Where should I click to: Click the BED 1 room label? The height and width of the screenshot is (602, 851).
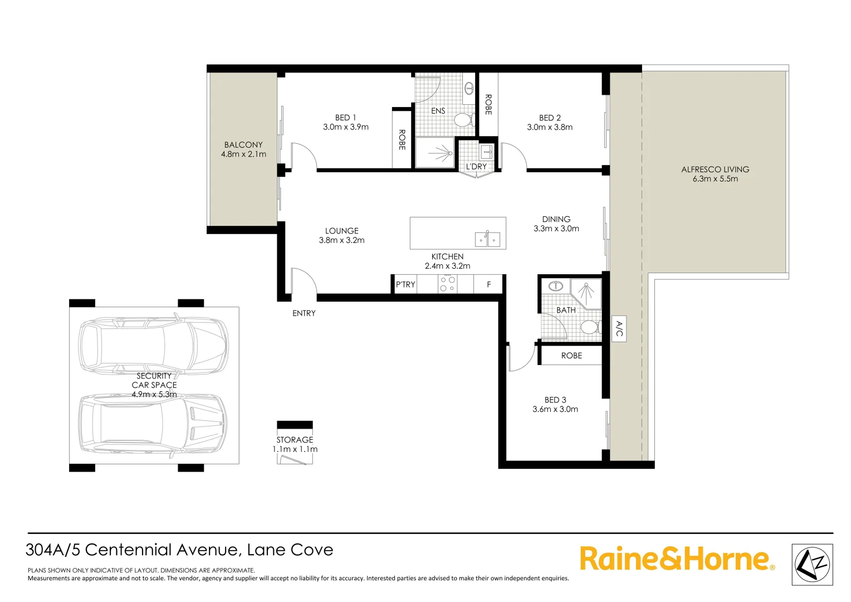(x=345, y=118)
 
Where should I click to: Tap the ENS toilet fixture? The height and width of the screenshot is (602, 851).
(x=463, y=119)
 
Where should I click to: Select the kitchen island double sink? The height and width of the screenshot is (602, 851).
(x=487, y=240)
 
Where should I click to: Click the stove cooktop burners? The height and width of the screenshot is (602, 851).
(x=448, y=284)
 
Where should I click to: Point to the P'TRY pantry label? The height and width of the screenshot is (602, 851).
(x=405, y=284)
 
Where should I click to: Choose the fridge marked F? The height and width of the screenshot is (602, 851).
(x=489, y=284)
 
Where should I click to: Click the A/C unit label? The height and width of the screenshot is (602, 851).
(x=619, y=329)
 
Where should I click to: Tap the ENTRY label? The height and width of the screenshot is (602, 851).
(x=304, y=313)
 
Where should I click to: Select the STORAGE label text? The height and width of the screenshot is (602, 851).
(x=295, y=440)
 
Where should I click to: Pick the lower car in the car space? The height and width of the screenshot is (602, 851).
(x=153, y=424)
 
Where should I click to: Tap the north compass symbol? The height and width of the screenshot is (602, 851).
(x=813, y=564)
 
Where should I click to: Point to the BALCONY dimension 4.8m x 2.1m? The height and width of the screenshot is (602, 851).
(x=243, y=154)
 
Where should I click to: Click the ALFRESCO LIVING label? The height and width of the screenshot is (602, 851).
(x=715, y=169)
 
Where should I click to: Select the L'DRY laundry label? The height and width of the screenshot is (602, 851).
(x=476, y=167)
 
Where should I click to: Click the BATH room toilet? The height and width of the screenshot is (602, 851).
(x=589, y=327)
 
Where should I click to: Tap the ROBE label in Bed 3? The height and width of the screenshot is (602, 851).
(x=571, y=356)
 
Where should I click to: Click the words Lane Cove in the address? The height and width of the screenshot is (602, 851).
(x=290, y=550)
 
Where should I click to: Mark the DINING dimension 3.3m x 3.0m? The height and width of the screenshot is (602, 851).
(x=556, y=229)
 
